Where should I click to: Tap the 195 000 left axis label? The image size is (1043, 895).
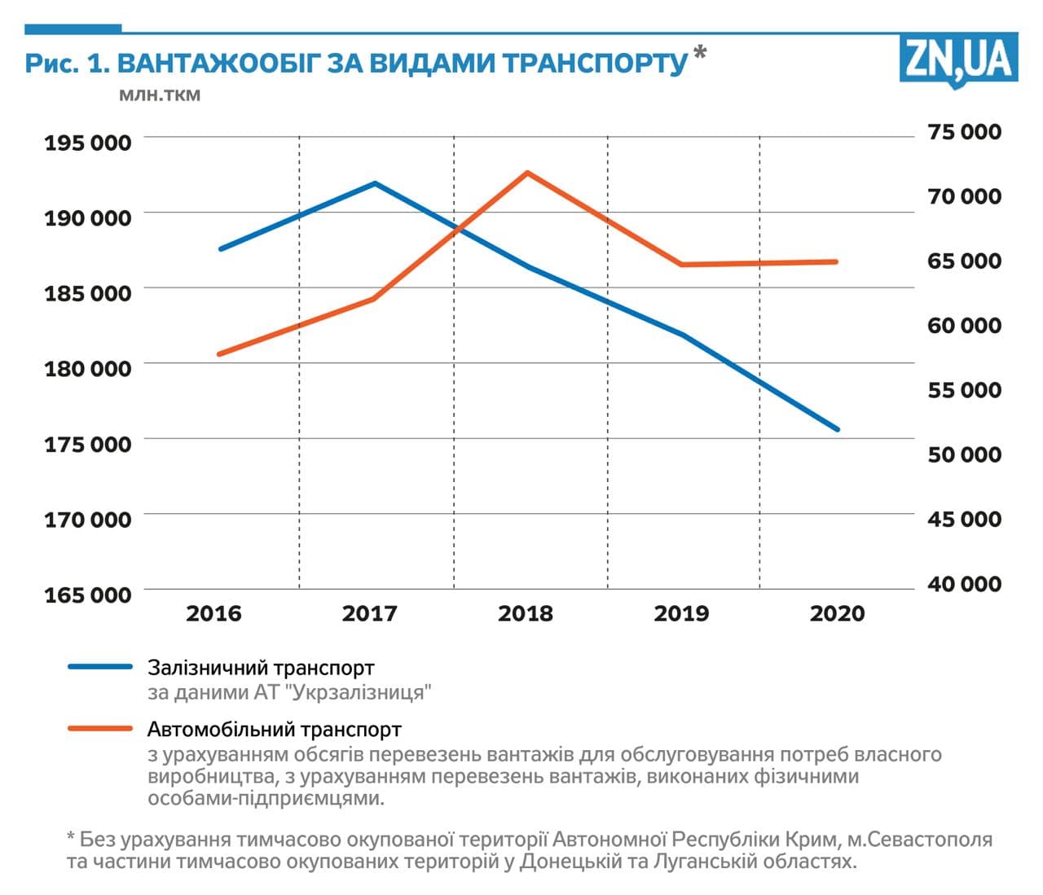point(87,143)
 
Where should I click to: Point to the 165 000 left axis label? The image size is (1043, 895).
point(87,594)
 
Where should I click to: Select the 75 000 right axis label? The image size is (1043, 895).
point(964,132)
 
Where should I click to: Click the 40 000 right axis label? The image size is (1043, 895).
point(964,584)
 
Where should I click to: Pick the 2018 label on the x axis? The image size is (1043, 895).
point(526,613)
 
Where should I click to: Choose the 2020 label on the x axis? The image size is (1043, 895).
point(837,613)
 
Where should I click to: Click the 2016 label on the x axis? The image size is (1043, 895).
point(213,613)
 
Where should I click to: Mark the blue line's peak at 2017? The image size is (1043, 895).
point(375,183)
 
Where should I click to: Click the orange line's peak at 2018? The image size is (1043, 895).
point(528,173)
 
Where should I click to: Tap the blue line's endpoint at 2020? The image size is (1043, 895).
point(837,429)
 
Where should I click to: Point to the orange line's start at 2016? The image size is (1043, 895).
point(220,354)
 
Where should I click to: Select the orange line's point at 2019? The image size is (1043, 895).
point(682,265)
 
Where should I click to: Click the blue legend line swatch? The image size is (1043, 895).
point(99,667)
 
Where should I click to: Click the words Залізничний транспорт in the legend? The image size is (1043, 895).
point(261,668)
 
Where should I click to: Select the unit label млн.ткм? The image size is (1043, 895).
point(160,95)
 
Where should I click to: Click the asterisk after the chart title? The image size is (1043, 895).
point(699,55)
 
